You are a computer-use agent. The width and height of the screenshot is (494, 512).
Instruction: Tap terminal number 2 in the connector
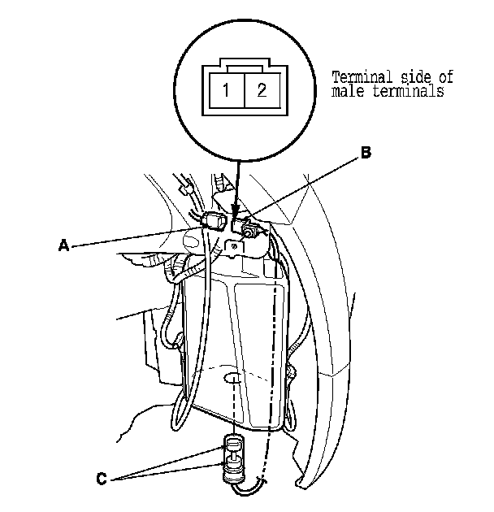point(261,90)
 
